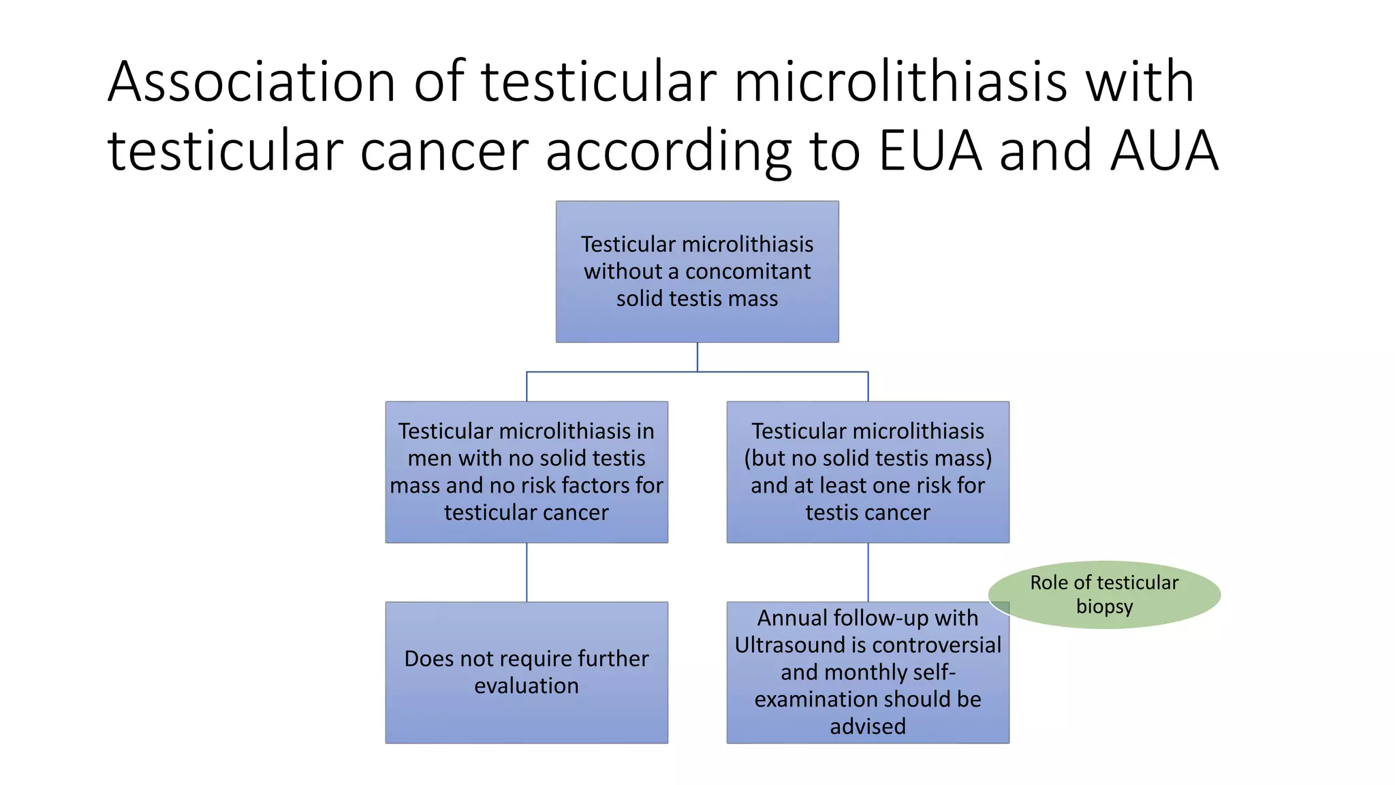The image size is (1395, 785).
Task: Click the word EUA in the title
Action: [930, 151]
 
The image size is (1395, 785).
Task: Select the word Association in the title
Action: [251, 82]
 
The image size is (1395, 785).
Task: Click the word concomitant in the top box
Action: [748, 271]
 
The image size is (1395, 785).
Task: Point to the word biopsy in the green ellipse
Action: [1104, 606]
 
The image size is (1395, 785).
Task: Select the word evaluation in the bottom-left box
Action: [527, 686]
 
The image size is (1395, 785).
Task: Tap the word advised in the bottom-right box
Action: [868, 726]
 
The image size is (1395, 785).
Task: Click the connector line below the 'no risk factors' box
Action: [527, 572]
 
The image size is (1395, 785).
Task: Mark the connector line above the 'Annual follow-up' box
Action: [868, 572]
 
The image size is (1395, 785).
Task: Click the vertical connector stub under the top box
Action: [697, 356]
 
